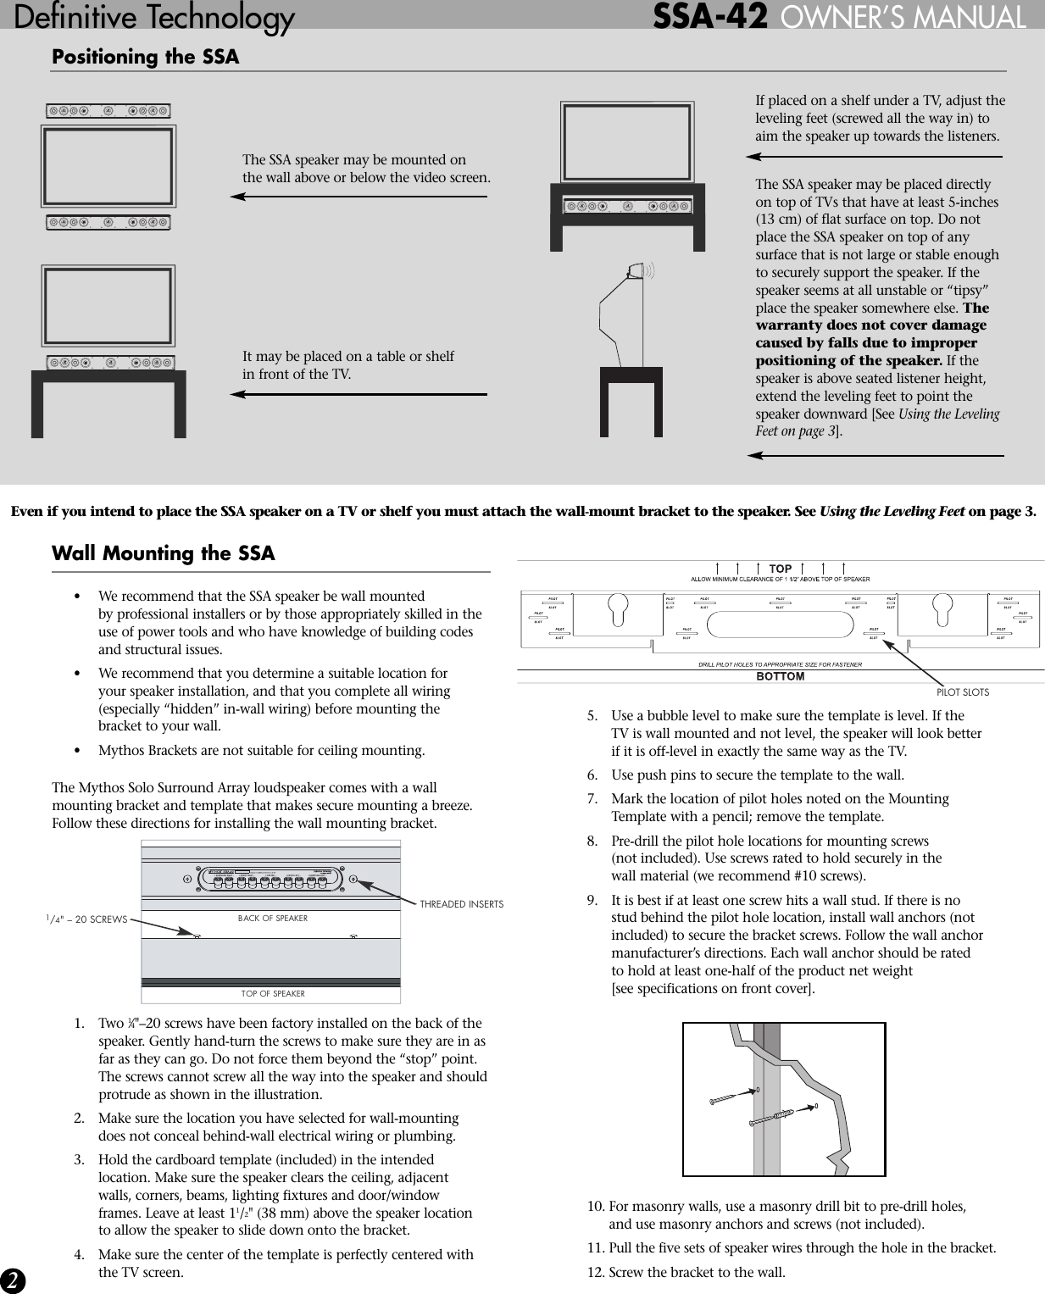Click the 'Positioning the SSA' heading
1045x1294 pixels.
click(145, 57)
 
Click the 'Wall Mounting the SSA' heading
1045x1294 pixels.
click(163, 553)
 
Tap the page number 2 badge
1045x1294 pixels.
click(12, 1280)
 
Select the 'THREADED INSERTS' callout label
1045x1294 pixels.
click(461, 904)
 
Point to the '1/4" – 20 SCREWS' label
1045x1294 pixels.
click(86, 919)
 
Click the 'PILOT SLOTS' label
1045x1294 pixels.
click(962, 692)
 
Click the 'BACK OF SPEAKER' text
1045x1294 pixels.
click(272, 919)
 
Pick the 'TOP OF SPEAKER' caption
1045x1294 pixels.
click(272, 994)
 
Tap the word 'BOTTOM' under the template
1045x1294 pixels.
click(780, 676)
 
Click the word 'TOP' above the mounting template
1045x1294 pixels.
click(780, 569)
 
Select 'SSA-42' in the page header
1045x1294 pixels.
click(709, 17)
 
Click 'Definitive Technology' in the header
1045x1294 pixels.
click(154, 17)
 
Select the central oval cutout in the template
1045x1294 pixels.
click(779, 625)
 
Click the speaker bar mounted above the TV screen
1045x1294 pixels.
click(108, 111)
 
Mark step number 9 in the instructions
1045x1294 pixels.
click(592, 900)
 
